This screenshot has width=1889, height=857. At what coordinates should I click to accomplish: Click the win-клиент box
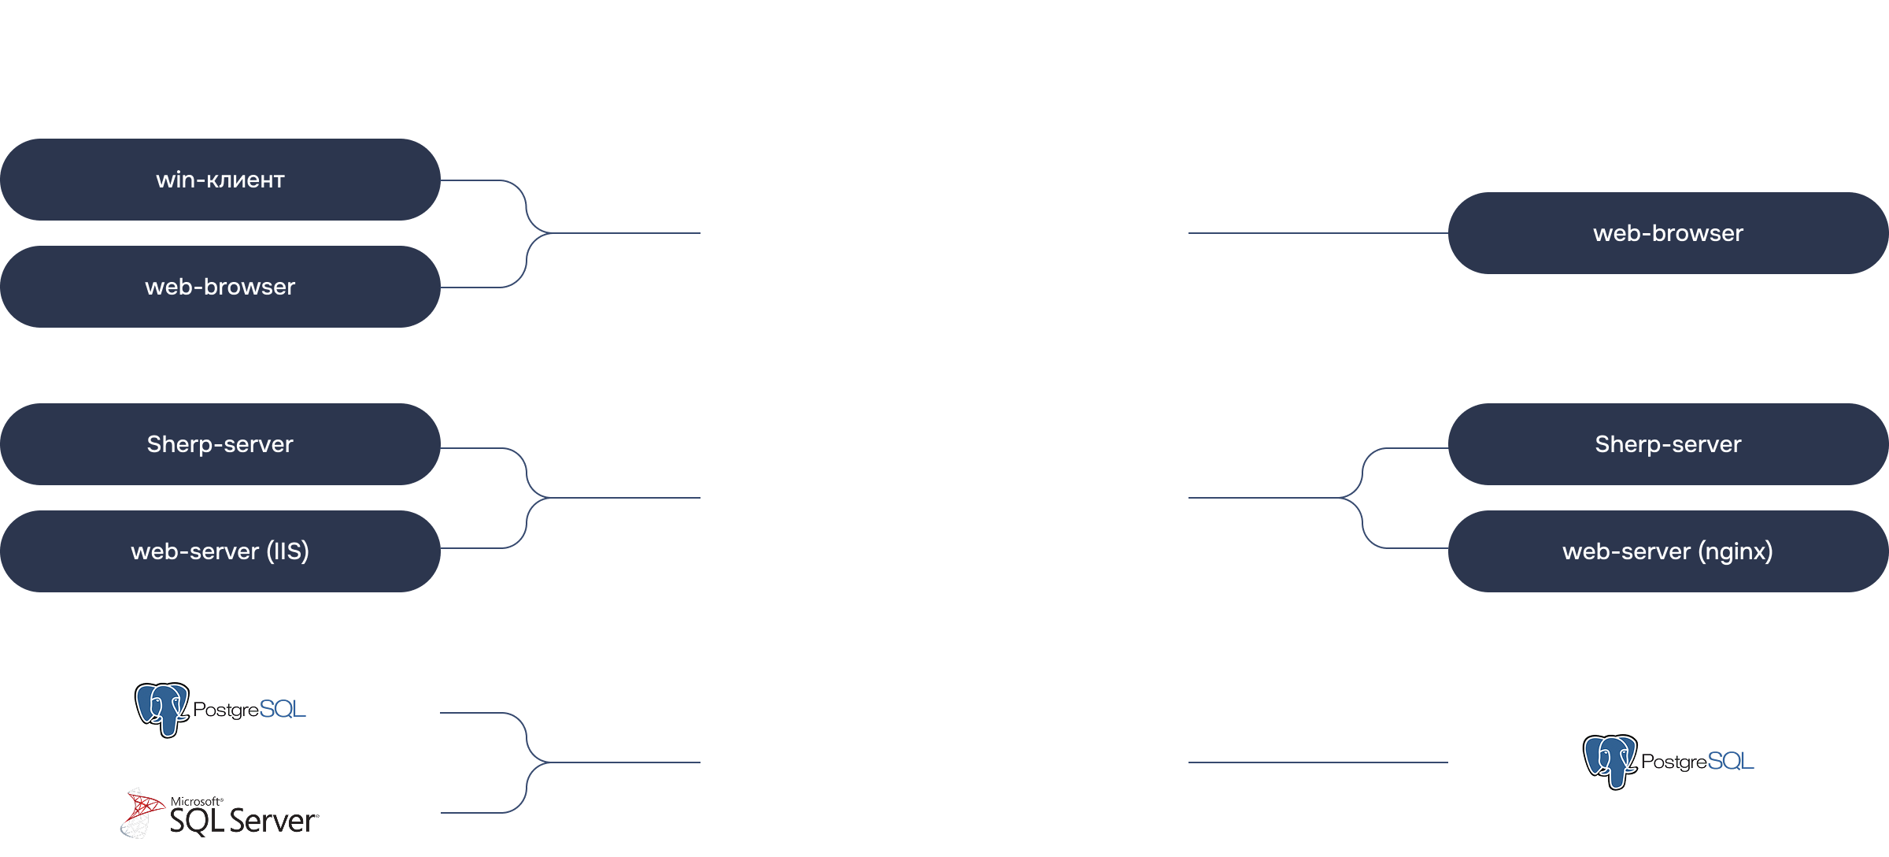(x=220, y=180)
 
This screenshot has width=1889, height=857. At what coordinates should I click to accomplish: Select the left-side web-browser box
(x=220, y=287)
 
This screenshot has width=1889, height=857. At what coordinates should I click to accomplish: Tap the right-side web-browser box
(x=1669, y=233)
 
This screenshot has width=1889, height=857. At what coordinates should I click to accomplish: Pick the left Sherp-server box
(x=220, y=444)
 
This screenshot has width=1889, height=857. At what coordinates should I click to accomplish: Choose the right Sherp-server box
(x=1669, y=444)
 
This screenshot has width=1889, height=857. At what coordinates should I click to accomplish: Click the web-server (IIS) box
(x=220, y=551)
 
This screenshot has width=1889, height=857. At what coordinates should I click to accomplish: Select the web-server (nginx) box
(x=1669, y=551)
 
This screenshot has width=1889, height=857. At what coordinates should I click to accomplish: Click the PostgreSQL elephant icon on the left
(x=162, y=710)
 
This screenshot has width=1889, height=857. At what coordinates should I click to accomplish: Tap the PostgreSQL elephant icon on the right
(x=1610, y=762)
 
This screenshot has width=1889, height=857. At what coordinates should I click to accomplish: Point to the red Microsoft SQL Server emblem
(x=142, y=812)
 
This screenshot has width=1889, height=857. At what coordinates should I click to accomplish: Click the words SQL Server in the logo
(x=244, y=821)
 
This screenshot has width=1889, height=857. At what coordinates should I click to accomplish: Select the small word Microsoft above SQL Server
(x=196, y=801)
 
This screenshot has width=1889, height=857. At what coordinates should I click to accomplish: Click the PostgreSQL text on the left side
(x=250, y=710)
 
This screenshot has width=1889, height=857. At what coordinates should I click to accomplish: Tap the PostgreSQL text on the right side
(x=1698, y=762)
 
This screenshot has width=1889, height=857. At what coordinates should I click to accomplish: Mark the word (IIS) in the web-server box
(x=287, y=551)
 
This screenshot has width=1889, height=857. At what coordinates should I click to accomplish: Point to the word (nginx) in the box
(x=1736, y=551)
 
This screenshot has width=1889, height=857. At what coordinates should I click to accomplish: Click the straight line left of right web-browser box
(x=1318, y=233)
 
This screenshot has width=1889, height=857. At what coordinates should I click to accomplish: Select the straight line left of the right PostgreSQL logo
(x=1318, y=762)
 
